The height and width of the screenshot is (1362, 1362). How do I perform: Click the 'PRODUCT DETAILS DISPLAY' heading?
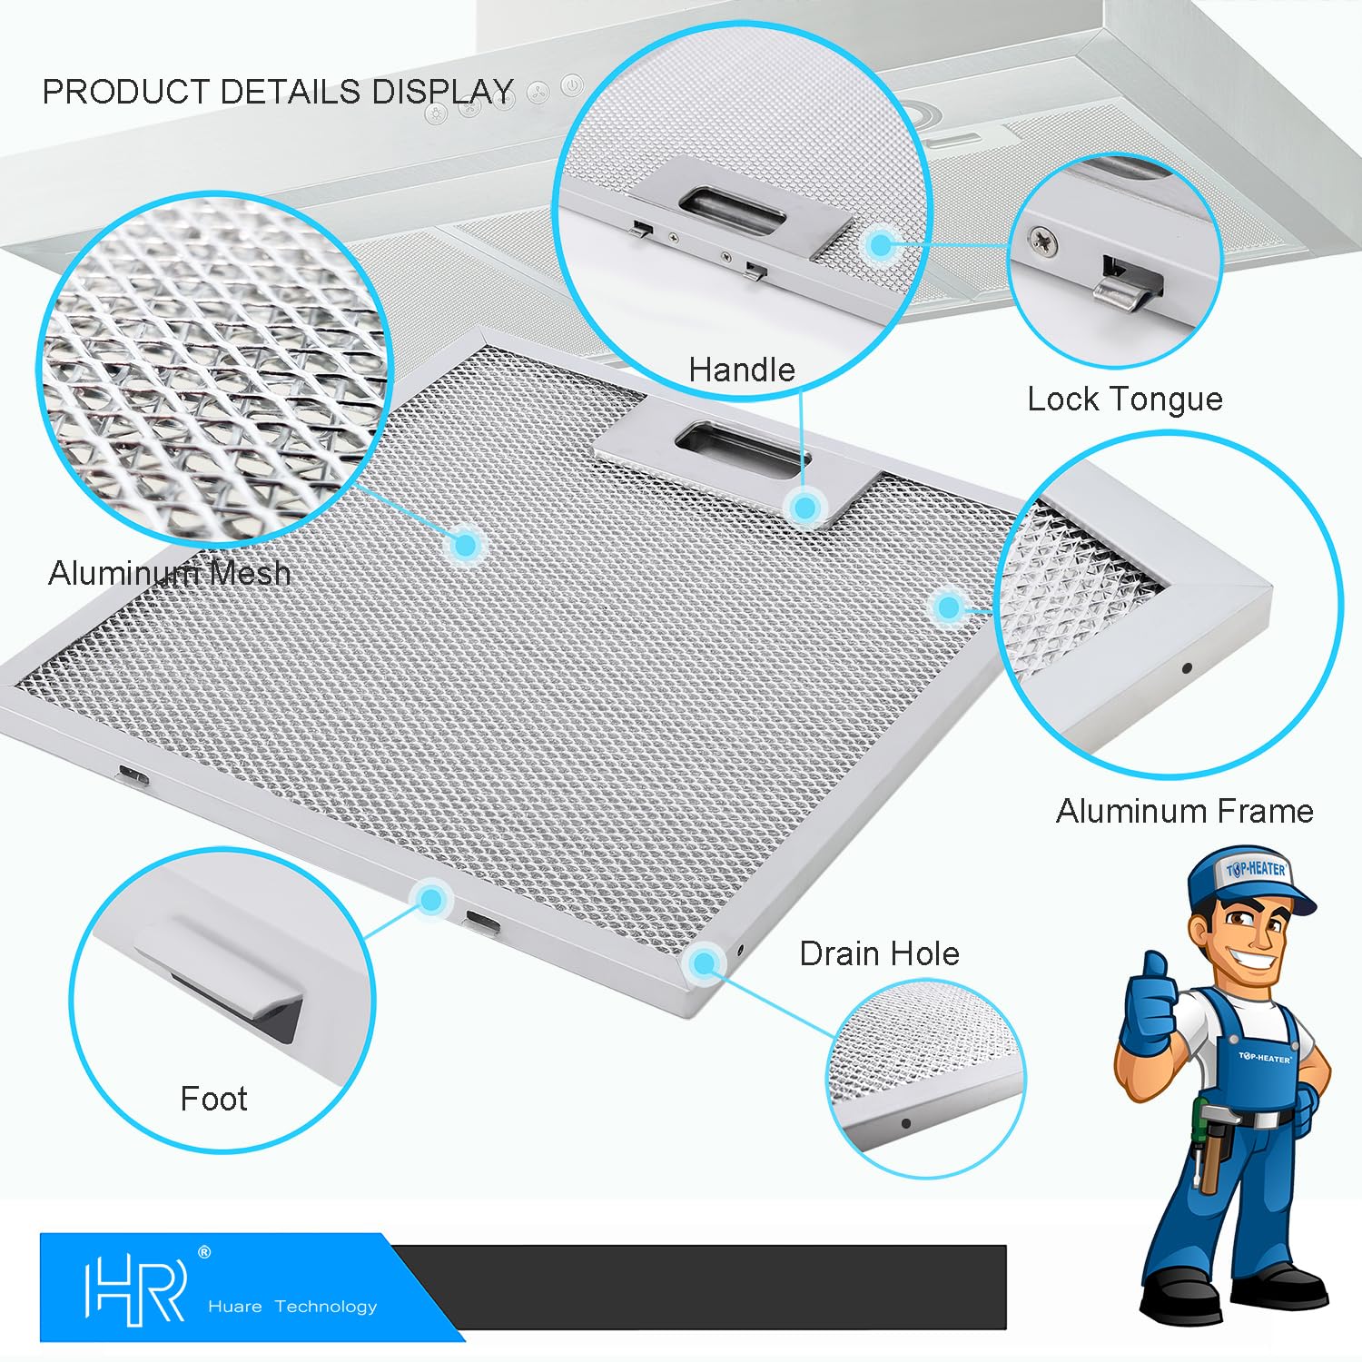pyautogui.click(x=278, y=92)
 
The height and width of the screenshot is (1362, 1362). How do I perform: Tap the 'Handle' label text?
pyautogui.click(x=741, y=370)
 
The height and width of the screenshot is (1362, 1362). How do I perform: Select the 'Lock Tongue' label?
pyautogui.click(x=1125, y=400)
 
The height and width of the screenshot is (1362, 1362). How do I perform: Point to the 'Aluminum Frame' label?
pyautogui.click(x=1185, y=811)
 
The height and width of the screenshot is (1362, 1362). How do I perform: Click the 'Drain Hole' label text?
pyautogui.click(x=879, y=953)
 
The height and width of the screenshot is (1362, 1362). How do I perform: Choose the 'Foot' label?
pyautogui.click(x=213, y=1099)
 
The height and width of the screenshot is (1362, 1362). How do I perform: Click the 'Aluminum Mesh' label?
pyautogui.click(x=170, y=573)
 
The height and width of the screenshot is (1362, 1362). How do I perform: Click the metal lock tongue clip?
pyautogui.click(x=1127, y=288)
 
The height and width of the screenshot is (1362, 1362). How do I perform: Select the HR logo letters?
pyautogui.click(x=135, y=1288)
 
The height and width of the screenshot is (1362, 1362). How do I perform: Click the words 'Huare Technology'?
pyautogui.click(x=292, y=1307)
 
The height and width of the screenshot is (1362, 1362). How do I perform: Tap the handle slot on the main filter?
pyautogui.click(x=741, y=450)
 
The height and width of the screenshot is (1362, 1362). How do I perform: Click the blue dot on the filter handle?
pyautogui.click(x=804, y=507)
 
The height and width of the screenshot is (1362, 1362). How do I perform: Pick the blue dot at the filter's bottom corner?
pyautogui.click(x=704, y=962)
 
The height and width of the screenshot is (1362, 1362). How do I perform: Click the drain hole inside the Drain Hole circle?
pyautogui.click(x=905, y=1123)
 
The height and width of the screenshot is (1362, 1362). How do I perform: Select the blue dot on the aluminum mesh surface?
pyautogui.click(x=466, y=544)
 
